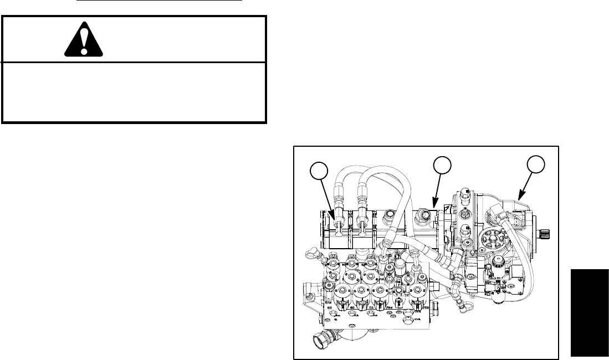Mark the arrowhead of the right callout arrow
pyautogui.click(x=517, y=199)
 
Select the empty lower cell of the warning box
pyautogui.click(x=134, y=92)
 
